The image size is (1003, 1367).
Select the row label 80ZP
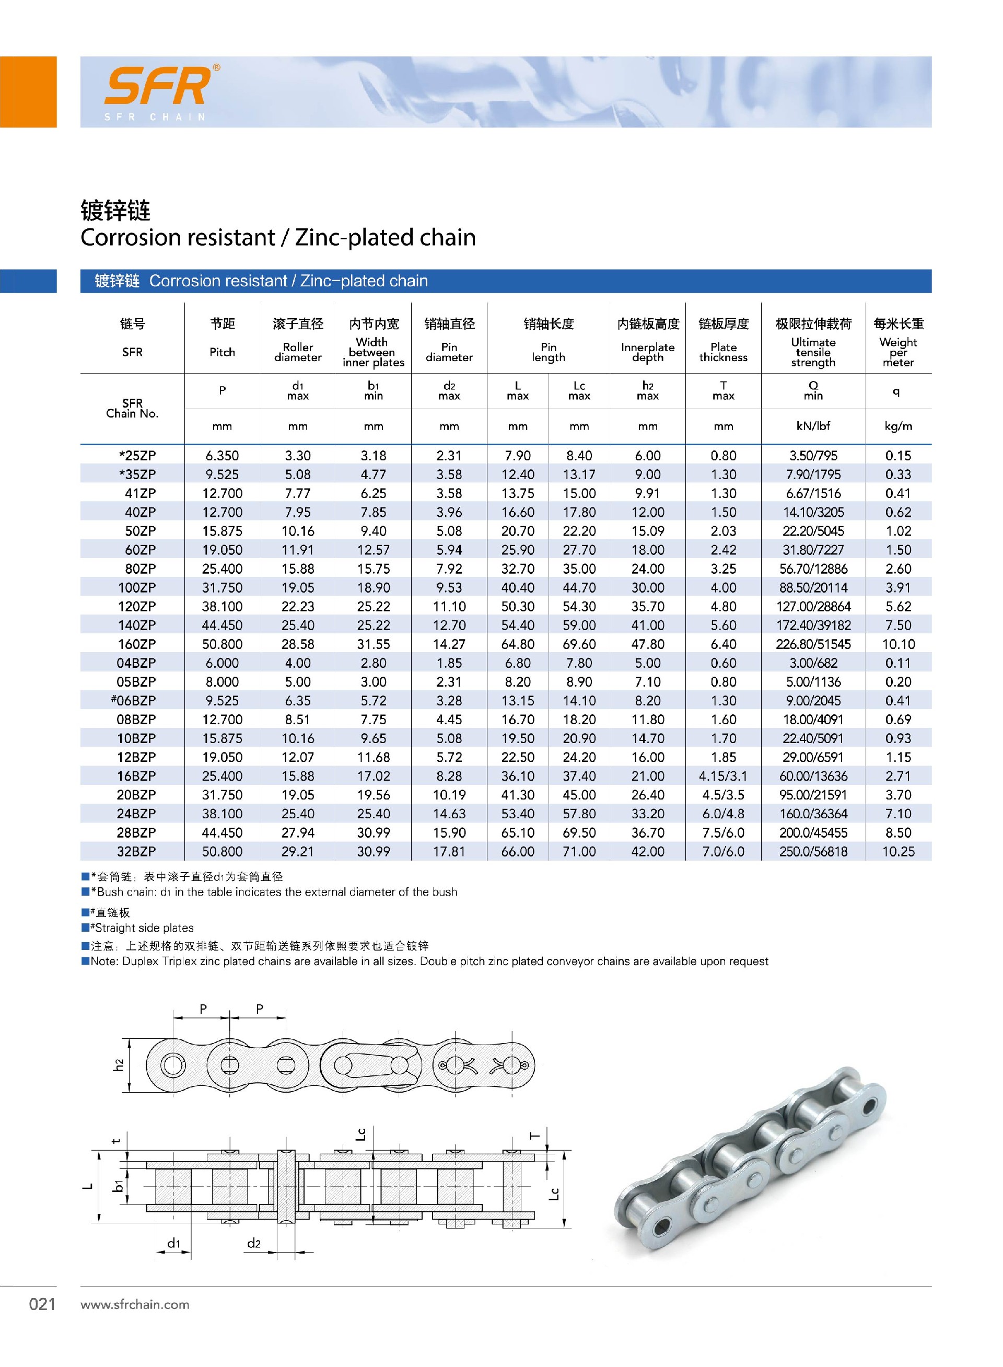coord(140,569)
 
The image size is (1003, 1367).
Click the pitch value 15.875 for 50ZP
coord(222,531)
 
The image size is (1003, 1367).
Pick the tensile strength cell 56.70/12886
coord(813,569)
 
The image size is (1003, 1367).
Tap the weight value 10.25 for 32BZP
coord(898,851)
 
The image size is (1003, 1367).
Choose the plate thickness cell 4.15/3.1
coord(723,776)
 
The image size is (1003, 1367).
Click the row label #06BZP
coord(134,701)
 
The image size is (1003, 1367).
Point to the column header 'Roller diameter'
coord(297,352)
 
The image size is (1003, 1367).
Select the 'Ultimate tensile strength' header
coord(813,352)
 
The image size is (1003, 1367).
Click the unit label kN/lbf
coord(813,426)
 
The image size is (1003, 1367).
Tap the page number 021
coord(42,1304)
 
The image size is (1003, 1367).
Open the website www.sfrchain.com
coord(135,1304)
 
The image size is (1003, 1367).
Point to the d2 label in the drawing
coord(254,1243)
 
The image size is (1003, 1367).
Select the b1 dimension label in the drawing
coord(119,1186)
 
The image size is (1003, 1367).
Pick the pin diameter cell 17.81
coord(449,851)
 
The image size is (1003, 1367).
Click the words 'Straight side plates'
coord(145,928)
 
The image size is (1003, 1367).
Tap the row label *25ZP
coord(138,456)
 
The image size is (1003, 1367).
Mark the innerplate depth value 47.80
coord(647,644)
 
